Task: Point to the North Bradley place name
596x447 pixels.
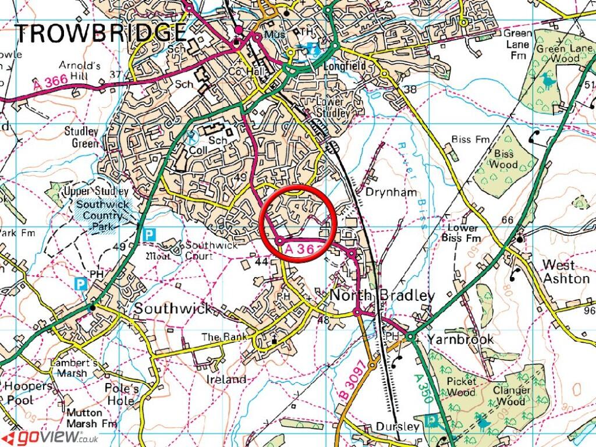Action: (382, 296)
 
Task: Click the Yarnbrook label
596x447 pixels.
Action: (460, 339)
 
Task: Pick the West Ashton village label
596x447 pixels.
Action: (566, 271)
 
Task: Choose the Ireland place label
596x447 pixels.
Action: (226, 379)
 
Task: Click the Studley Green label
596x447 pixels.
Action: (81, 137)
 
